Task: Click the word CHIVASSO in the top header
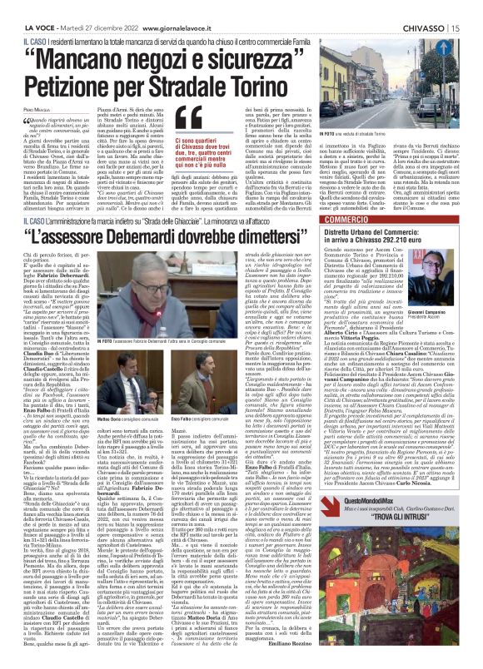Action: pyautogui.click(x=427, y=7)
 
